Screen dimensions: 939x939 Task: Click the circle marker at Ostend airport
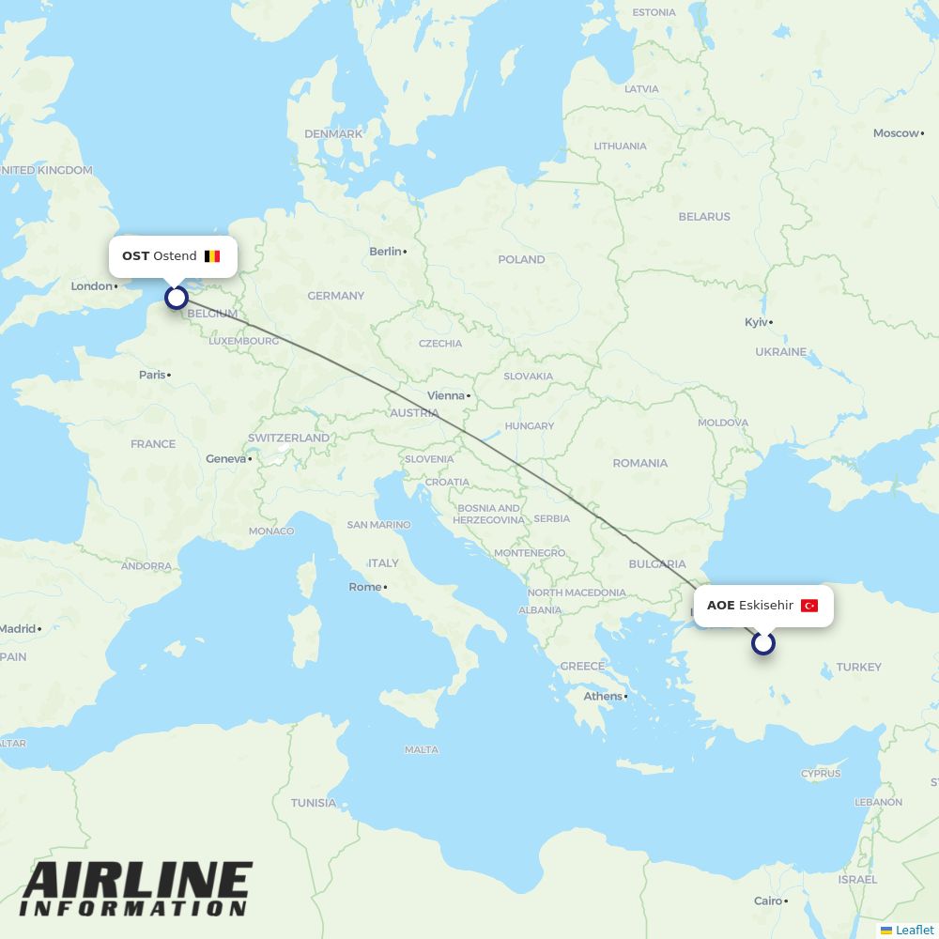177,298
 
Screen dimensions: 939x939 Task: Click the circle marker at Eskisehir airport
763,643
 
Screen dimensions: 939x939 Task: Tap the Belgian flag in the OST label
212,256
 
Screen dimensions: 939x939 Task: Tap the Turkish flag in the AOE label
809,606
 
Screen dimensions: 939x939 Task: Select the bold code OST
135,256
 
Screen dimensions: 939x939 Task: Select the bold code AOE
720,606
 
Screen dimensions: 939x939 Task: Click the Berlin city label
386,252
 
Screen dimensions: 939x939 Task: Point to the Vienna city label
446,395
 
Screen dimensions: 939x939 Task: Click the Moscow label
896,133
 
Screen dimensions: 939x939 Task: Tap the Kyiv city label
756,322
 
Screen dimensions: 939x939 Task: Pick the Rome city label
365,587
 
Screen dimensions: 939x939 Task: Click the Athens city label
603,697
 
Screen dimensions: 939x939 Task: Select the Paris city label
152,375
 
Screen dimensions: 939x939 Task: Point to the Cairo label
767,901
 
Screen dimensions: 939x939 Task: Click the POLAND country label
521,259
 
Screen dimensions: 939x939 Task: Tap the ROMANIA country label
640,463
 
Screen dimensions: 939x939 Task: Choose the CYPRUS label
821,774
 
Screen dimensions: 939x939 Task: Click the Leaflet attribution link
914,930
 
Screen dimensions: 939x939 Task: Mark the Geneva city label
225,459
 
